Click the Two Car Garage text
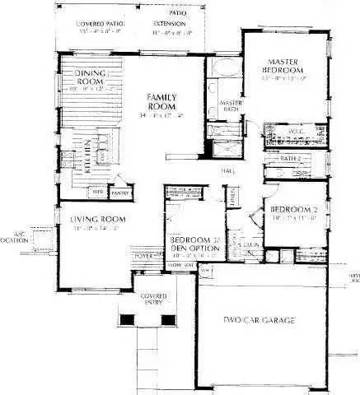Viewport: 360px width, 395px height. (259, 318)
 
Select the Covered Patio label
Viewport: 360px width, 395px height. (99, 25)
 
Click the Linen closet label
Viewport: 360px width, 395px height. (233, 197)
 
